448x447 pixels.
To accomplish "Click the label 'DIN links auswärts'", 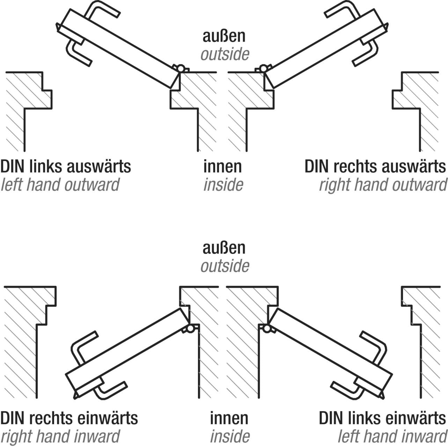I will (66, 167).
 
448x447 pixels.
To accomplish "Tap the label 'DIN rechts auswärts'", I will (375, 167).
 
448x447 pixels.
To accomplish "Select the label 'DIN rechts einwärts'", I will (69, 418).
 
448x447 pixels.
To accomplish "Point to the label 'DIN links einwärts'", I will (382, 418).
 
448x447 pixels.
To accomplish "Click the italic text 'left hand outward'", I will (60, 185).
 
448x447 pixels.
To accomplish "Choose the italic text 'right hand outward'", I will (383, 185).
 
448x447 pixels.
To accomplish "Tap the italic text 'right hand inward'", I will (60, 436).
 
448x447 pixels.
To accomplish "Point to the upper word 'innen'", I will (223, 167).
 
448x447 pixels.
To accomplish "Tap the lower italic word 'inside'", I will (230, 436).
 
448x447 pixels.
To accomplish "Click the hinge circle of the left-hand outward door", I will (180, 68).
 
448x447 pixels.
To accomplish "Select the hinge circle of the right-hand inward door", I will (190, 329).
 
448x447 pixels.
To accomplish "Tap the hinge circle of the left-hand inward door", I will (266, 329).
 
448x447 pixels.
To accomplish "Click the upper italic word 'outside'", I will (225, 54).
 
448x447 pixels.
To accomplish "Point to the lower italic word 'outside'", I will (225, 266).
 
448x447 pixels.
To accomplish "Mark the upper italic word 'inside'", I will (223, 185).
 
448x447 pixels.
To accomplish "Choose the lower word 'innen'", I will (229, 418).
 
